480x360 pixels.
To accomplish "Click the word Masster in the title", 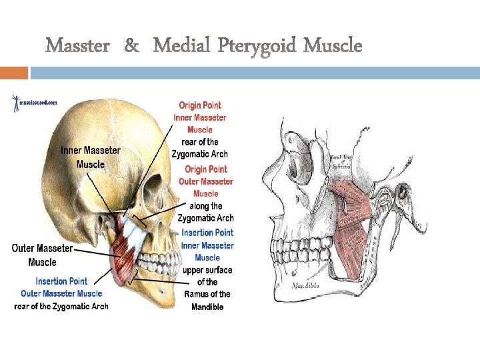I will [x=79, y=46].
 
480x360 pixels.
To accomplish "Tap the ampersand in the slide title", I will [x=132, y=46].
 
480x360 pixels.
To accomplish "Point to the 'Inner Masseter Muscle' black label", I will [x=91, y=157].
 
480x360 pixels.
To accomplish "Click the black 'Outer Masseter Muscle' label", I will [x=43, y=255].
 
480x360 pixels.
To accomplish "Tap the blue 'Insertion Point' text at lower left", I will [x=61, y=281].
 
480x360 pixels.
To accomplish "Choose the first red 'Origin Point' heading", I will [x=200, y=105].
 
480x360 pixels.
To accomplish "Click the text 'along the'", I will [x=207, y=206].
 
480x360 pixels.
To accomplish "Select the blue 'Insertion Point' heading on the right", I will [x=207, y=233].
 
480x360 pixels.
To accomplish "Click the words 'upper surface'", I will [x=207, y=270].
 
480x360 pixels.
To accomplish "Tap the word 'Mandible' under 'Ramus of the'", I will [x=207, y=307].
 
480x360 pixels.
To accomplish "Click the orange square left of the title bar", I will [x=14, y=73].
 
